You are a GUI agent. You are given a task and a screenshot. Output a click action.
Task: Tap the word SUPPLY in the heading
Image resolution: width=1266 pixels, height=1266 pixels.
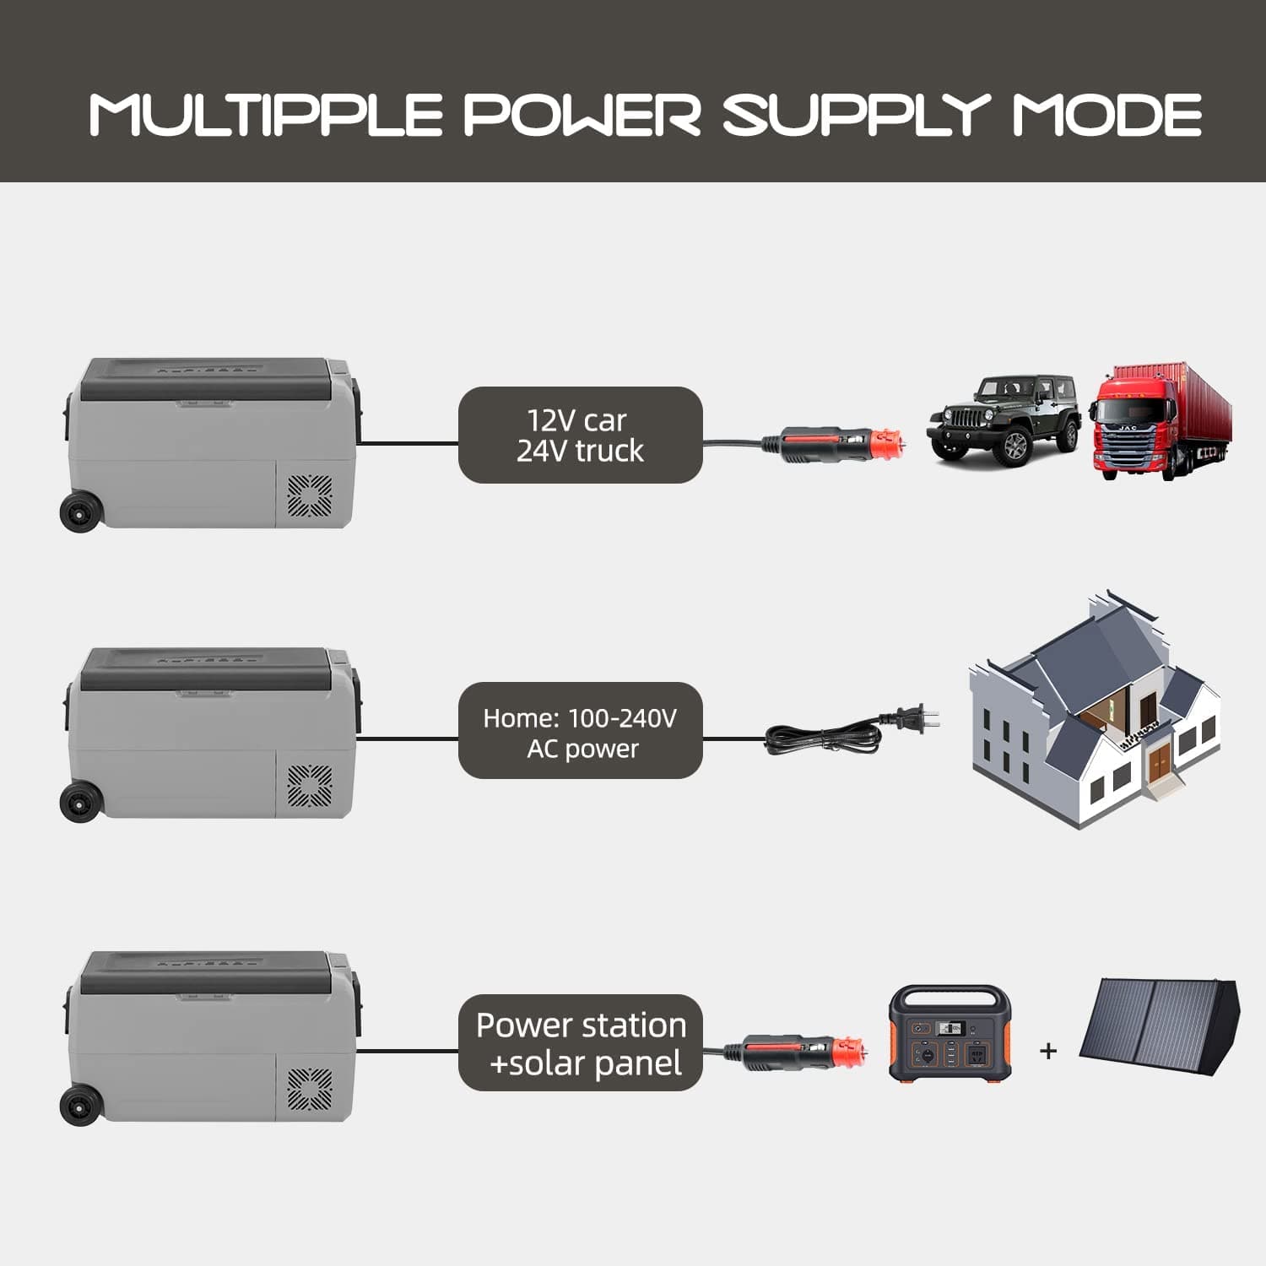coord(857,115)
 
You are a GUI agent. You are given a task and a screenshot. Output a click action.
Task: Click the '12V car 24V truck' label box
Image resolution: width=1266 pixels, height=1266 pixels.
coord(581,436)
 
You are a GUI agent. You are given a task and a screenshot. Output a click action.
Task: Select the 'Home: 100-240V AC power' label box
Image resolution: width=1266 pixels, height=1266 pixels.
coord(581,731)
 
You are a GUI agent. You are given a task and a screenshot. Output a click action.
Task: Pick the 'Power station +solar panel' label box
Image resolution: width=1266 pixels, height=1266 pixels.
coord(581,1043)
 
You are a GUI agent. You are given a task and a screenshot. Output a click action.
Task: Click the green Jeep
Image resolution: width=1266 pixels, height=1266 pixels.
coord(1004,418)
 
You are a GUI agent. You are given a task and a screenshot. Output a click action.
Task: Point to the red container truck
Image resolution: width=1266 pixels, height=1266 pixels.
coord(1161,422)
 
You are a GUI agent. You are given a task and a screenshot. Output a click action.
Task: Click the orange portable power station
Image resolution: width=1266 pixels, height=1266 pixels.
coord(950,1033)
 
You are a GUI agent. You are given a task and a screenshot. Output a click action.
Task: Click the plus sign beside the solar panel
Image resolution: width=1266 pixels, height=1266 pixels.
coord(1048,1051)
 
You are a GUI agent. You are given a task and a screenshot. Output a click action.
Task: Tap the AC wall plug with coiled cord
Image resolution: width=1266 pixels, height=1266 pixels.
coord(852,729)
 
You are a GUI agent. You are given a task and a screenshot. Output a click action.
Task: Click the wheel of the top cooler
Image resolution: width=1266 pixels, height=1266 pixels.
coord(81,511)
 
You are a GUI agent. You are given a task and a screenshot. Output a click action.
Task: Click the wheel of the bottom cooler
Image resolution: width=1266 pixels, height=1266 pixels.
coord(81,1104)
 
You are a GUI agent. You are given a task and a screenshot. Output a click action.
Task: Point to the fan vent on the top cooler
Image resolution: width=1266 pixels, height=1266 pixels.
coord(310,496)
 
